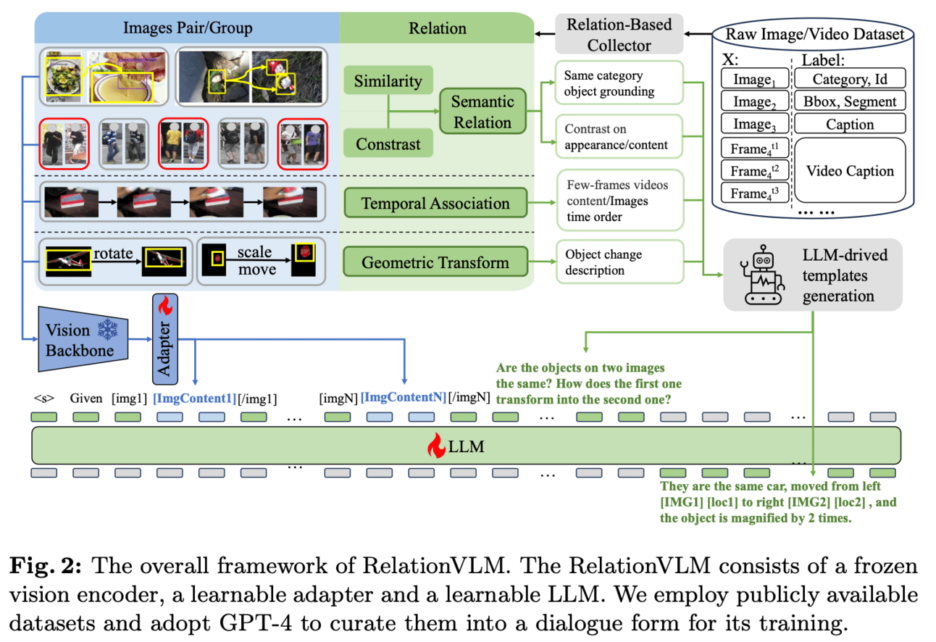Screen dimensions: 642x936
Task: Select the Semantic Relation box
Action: click(x=482, y=112)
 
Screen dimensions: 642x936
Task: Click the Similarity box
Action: click(x=388, y=81)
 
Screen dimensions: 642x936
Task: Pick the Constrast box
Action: click(x=388, y=143)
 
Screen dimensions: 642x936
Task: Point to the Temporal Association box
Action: click(x=435, y=203)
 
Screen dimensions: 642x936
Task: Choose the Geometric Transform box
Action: click(x=435, y=262)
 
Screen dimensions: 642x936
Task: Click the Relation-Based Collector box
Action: click(x=619, y=35)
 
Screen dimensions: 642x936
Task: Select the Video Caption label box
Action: click(x=850, y=171)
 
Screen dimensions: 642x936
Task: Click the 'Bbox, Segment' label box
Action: click(x=850, y=101)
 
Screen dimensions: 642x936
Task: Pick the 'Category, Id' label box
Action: click(x=850, y=79)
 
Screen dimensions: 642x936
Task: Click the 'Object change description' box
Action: click(x=619, y=262)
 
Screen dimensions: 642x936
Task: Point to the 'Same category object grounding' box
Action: click(x=619, y=83)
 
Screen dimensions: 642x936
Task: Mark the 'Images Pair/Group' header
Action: click(x=188, y=28)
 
